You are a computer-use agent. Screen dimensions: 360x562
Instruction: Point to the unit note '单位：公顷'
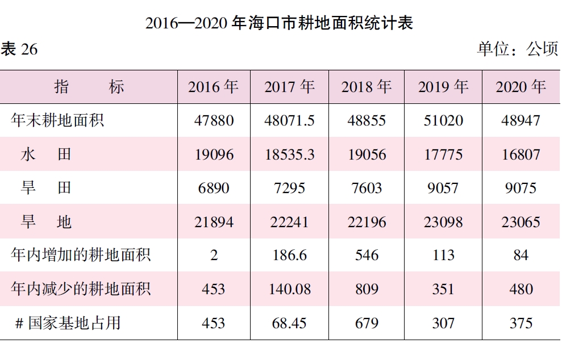[517, 50]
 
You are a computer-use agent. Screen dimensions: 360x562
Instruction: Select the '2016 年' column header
[213, 87]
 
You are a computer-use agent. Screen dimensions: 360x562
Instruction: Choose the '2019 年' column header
[443, 87]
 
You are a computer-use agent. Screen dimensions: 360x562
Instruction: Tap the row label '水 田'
[46, 154]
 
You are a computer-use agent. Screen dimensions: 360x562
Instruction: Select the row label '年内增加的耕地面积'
[81, 255]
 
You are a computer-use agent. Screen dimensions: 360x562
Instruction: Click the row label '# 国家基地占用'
[68, 323]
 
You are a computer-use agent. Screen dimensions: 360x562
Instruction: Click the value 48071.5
[289, 120]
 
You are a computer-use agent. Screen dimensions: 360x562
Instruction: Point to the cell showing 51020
[443, 120]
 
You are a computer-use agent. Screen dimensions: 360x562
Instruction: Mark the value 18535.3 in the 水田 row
[289, 154]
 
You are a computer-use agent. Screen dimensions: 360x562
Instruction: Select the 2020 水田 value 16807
[521, 154]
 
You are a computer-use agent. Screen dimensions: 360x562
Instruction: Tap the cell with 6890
[213, 188]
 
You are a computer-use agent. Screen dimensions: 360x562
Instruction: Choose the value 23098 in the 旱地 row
[443, 221]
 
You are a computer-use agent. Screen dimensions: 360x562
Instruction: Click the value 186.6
[289, 256]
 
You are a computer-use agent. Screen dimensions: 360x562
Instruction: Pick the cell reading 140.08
[289, 289]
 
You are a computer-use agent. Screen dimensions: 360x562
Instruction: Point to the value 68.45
[289, 323]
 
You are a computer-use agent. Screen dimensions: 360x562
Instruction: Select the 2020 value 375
[521, 323]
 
